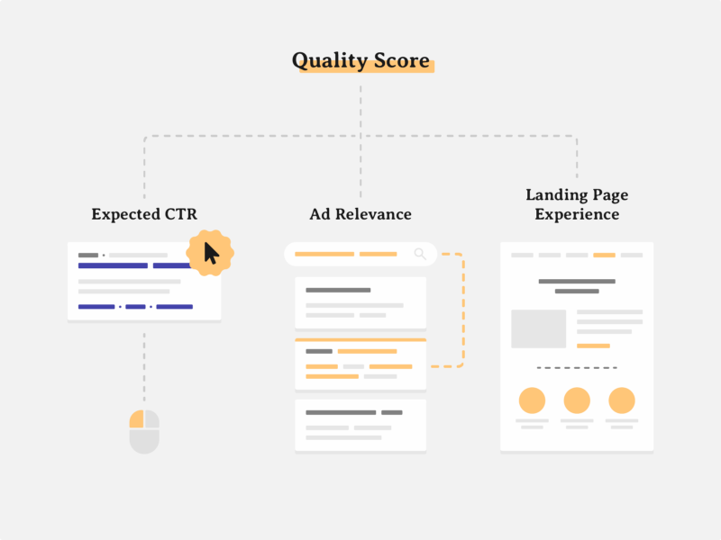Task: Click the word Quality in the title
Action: point(330,60)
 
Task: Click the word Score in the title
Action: point(401,60)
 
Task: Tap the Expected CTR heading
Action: point(144,214)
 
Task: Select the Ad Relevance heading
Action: point(360,214)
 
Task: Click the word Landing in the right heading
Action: point(556,195)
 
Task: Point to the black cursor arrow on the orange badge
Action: point(211,253)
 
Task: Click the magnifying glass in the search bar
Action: point(420,254)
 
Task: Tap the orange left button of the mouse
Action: point(137,418)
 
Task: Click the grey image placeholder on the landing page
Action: point(538,328)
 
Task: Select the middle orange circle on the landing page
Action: point(577,400)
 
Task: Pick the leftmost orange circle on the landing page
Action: point(532,400)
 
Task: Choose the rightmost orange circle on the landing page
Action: point(622,400)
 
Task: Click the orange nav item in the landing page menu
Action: point(604,255)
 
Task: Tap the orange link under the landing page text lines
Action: point(593,346)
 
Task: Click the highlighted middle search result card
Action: point(360,364)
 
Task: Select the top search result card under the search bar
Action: point(360,303)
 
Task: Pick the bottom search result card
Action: point(360,425)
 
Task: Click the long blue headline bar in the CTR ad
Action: point(114,265)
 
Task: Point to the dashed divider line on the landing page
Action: point(577,368)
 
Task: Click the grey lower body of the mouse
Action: point(144,441)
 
